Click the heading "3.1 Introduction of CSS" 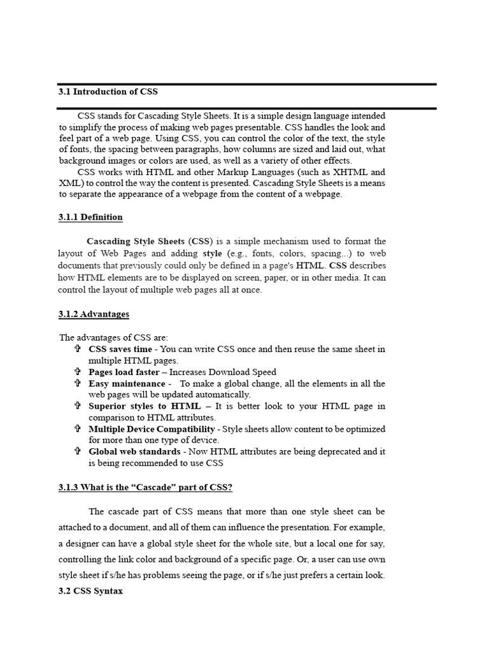tap(108, 92)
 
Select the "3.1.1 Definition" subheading tap(90, 217)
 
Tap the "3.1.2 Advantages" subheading tap(94, 314)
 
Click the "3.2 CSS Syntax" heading tap(90, 592)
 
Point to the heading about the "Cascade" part tap(146, 488)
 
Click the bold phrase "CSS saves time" tap(120, 349)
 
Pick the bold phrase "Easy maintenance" tap(127, 383)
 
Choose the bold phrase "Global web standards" tap(134, 451)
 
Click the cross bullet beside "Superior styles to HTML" tap(77, 406)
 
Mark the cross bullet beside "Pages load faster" tap(77, 372)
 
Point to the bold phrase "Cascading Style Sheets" tap(136, 241)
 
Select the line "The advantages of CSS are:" tap(113, 337)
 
